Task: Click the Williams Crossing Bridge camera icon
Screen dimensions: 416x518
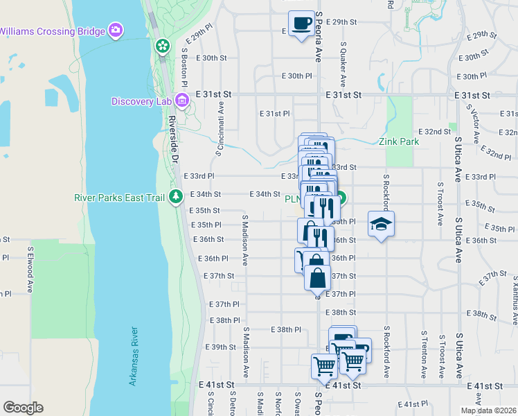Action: [116, 30]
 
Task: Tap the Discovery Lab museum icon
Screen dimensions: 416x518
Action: [183, 101]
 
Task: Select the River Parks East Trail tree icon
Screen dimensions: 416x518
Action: [177, 197]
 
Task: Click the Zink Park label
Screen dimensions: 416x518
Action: [399, 141]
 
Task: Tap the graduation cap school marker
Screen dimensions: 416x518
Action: [380, 223]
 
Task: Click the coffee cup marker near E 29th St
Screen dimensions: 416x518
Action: [301, 23]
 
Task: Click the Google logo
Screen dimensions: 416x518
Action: [23, 407]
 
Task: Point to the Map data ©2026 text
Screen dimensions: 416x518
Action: [488, 410]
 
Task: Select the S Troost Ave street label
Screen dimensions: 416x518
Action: [440, 205]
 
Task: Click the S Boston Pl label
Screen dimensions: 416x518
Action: [185, 67]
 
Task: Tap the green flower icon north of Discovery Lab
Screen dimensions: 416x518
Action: [162, 46]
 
